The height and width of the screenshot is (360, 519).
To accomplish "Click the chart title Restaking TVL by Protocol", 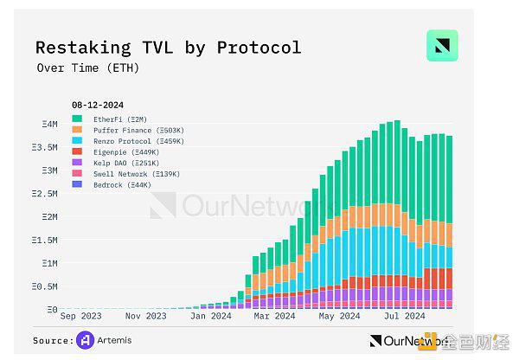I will pos(168,47).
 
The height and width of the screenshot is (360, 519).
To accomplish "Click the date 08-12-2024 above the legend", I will pos(98,106).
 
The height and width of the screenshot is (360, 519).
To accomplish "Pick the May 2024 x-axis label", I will pos(338,317).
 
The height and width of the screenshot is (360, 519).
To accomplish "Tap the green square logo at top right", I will pos(442,46).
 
